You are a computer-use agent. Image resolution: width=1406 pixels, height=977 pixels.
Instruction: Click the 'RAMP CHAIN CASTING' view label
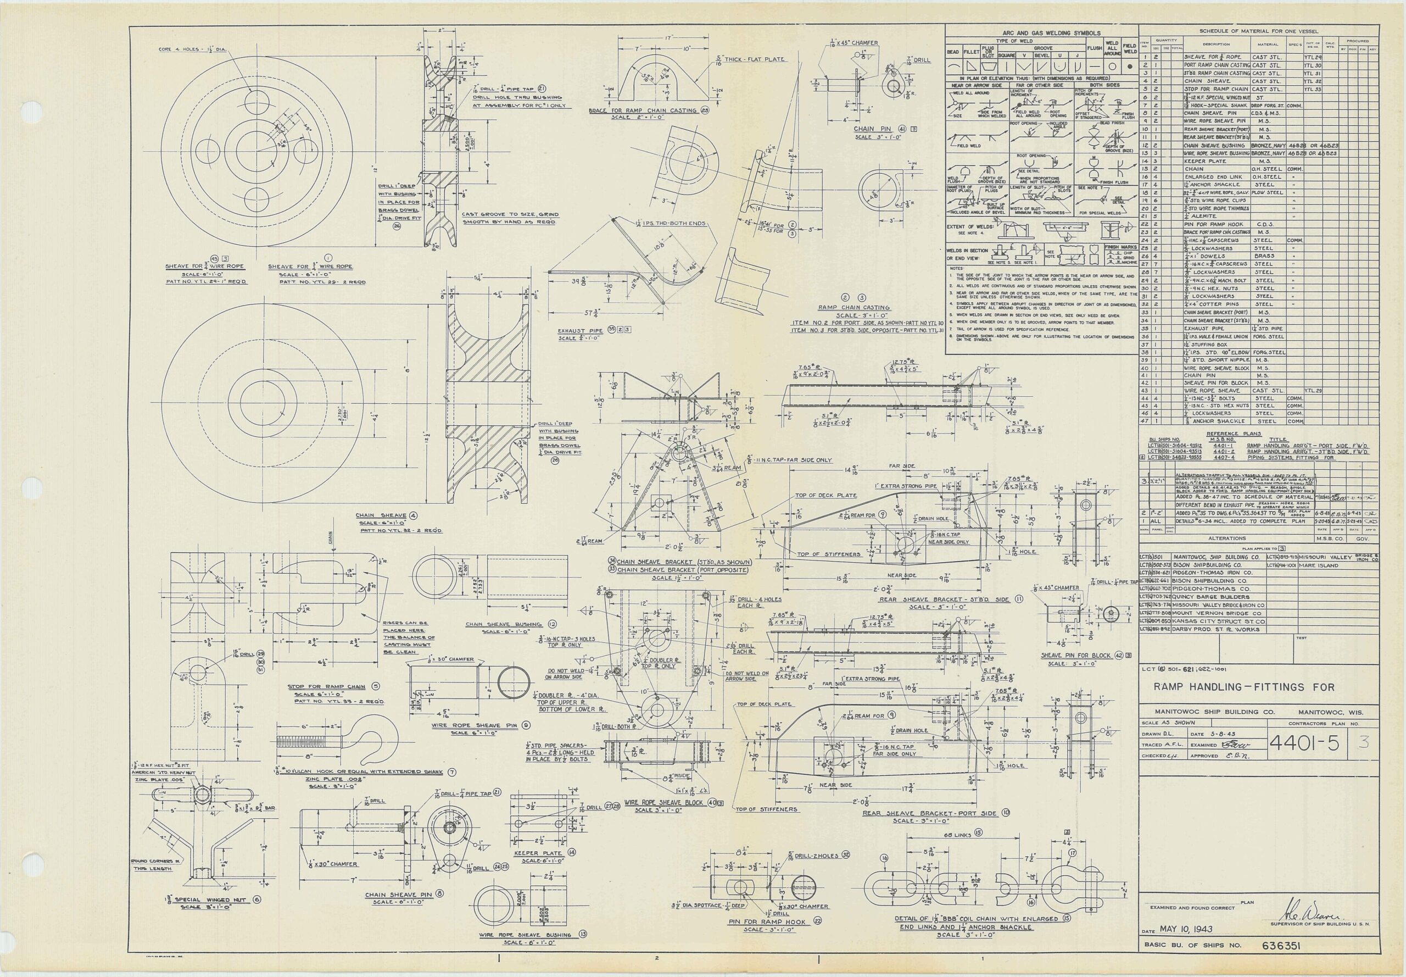(x=854, y=308)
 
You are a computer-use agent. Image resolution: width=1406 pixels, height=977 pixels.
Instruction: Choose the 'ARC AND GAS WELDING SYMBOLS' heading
(x=1042, y=33)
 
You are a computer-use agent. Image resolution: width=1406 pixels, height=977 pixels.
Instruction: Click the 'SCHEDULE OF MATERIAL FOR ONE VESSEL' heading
(x=1259, y=31)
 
